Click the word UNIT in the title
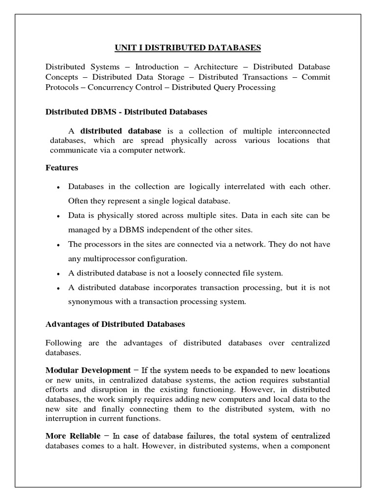[x=125, y=47]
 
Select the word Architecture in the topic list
[x=216, y=67]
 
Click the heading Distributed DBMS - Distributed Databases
[x=126, y=112]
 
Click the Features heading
[x=62, y=168]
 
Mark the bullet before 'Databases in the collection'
[x=59, y=188]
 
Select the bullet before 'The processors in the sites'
[x=59, y=245]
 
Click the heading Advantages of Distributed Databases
[x=115, y=324]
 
